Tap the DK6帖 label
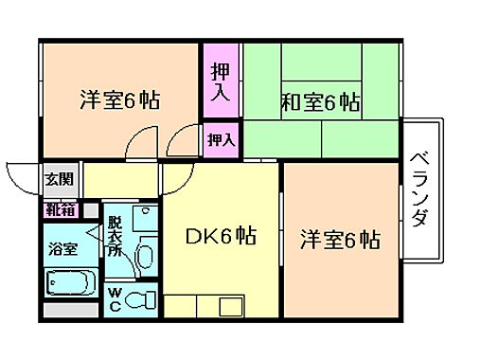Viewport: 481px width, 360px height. click(x=222, y=236)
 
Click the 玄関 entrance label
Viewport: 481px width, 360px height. click(x=55, y=177)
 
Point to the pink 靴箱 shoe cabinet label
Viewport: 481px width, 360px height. click(x=59, y=209)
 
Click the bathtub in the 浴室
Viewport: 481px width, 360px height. click(x=69, y=283)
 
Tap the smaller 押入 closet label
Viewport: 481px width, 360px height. click(x=221, y=140)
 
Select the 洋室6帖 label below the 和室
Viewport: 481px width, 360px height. click(x=341, y=239)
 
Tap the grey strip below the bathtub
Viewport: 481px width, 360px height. click(x=69, y=309)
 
